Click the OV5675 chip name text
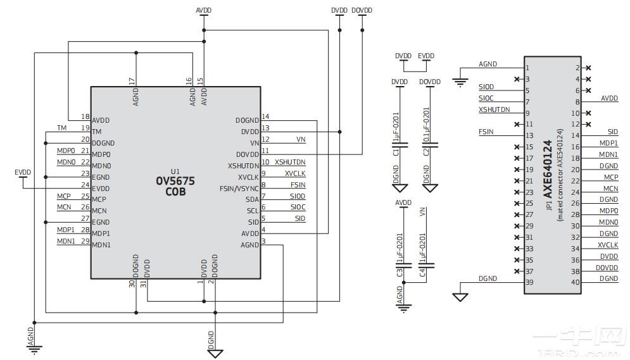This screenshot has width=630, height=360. [175, 181]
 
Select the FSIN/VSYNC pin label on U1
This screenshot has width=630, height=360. [239, 189]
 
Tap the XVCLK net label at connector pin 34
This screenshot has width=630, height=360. [608, 245]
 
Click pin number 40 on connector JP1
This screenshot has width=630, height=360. [576, 282]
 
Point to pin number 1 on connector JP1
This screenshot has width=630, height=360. [527, 68]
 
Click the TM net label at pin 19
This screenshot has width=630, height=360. [61, 128]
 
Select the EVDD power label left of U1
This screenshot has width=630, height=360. [22, 172]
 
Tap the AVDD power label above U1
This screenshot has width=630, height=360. [203, 11]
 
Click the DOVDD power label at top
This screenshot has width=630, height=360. [362, 11]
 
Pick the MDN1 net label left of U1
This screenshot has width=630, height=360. [66, 241]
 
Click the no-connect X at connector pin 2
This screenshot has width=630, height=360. [589, 68]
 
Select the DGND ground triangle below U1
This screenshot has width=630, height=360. [216, 352]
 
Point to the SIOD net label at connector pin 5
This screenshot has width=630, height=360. [486, 87]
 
